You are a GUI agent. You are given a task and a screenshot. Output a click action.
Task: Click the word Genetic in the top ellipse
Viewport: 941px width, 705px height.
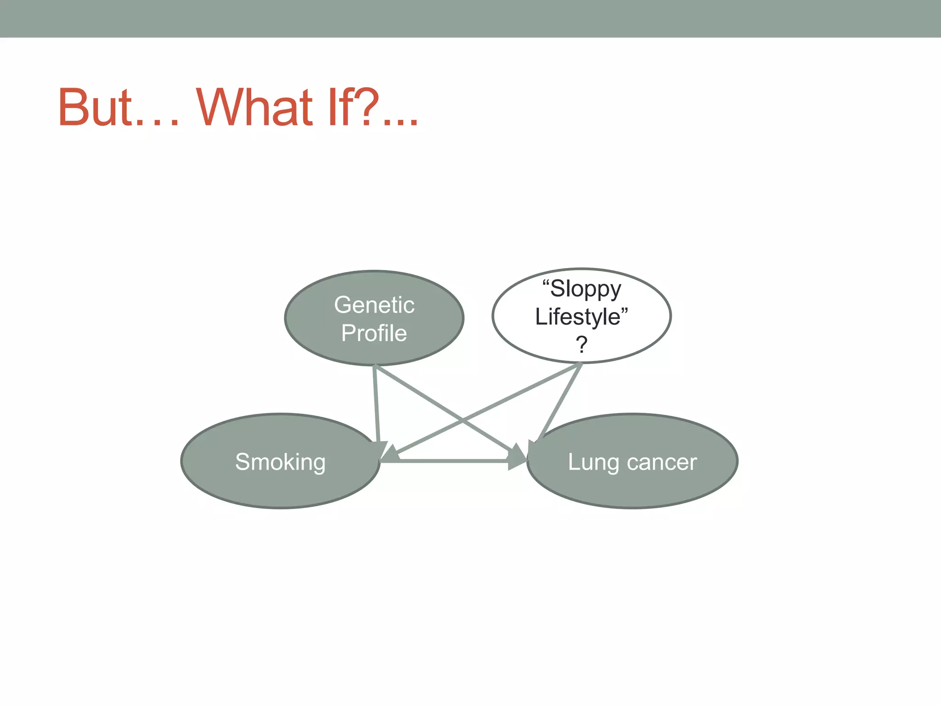pos(374,305)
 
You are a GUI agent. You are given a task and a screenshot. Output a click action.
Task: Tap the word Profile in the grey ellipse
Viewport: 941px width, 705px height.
pos(374,333)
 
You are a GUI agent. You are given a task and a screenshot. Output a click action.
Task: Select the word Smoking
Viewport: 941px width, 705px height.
pos(280,462)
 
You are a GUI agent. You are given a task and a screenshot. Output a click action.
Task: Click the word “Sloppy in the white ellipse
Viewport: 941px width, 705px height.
pos(582,289)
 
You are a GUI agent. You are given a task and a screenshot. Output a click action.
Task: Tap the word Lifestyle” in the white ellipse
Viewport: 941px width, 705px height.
pos(581,317)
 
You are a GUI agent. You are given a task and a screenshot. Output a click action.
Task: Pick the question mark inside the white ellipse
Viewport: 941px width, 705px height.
pos(582,344)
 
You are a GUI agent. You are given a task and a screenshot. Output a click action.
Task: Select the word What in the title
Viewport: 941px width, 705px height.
pos(255,107)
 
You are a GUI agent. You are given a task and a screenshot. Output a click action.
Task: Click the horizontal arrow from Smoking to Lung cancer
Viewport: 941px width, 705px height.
pos(453,460)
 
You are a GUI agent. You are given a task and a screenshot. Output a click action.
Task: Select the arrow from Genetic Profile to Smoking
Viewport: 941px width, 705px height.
pos(376,404)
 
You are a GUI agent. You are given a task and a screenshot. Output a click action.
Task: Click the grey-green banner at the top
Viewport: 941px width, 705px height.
pos(470,18)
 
